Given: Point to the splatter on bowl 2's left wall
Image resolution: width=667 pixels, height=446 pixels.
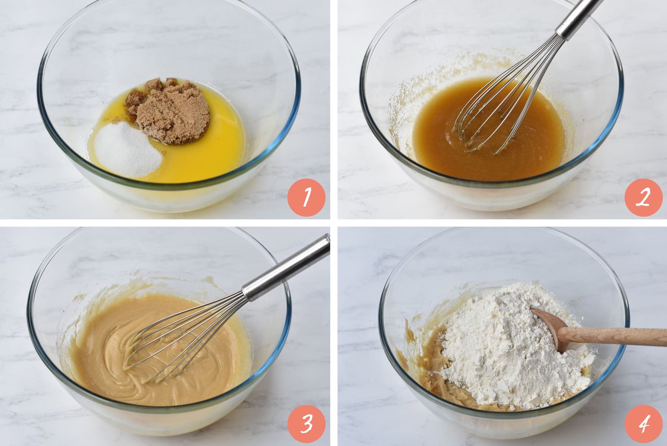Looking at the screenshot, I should coord(398,111).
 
